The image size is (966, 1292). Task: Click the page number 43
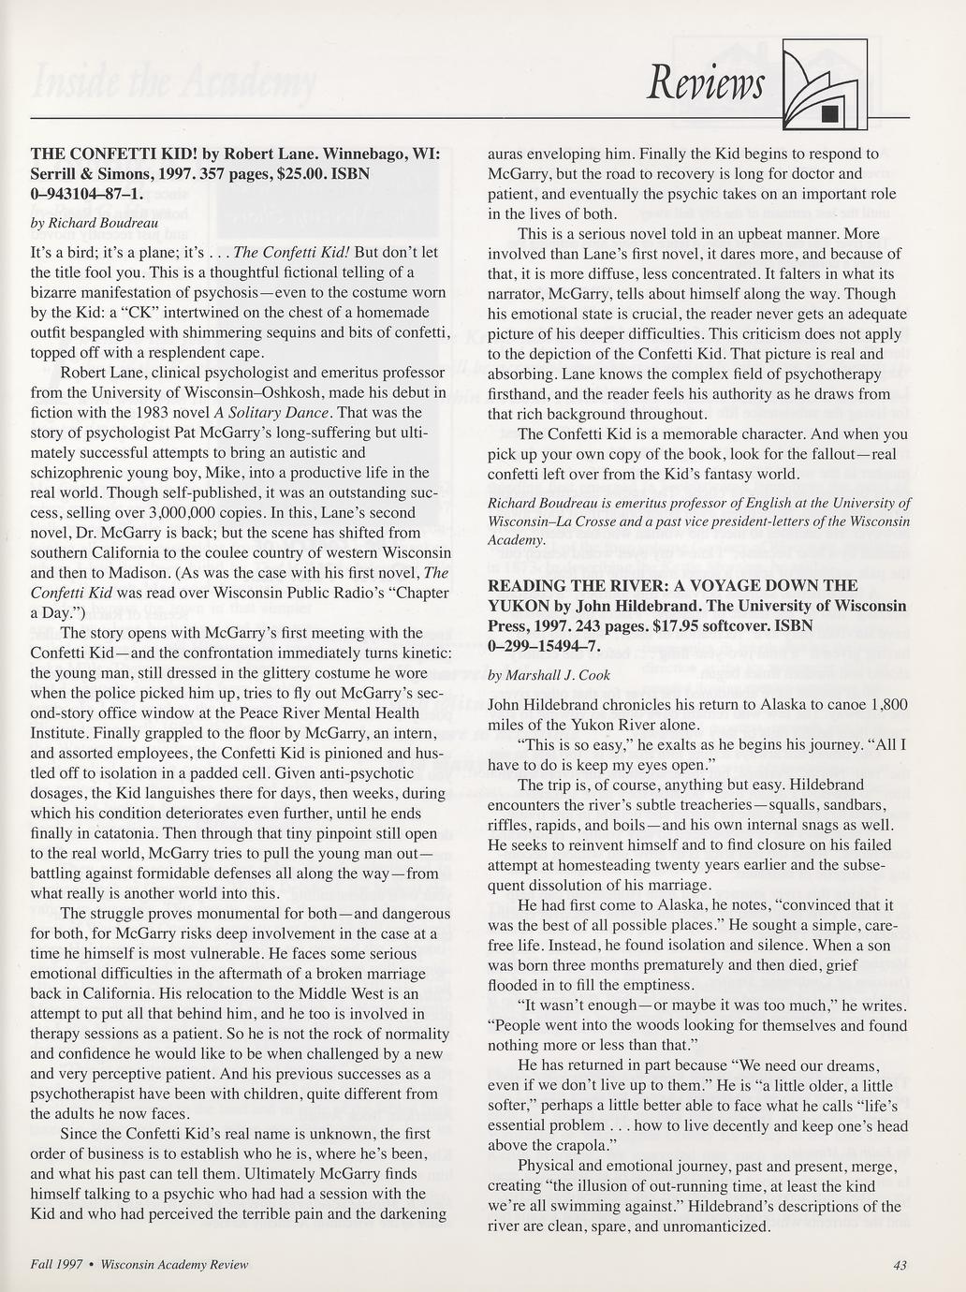[900, 1265]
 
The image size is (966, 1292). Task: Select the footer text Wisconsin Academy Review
[174, 1265]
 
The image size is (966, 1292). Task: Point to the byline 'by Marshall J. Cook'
[549, 674]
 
